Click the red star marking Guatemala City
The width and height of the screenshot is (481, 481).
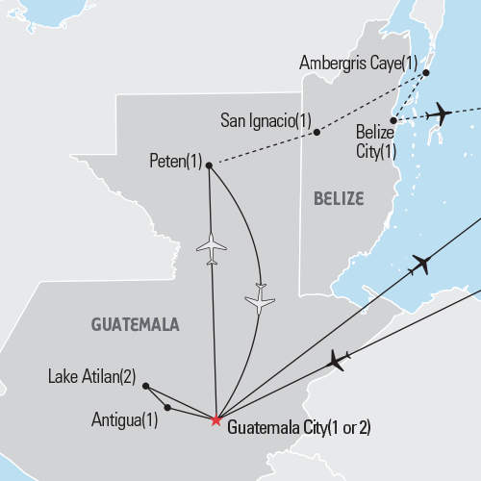pyautogui.click(x=215, y=420)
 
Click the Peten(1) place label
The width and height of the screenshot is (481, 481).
pyautogui.click(x=176, y=162)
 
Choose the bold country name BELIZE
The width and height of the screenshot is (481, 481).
pyautogui.click(x=338, y=199)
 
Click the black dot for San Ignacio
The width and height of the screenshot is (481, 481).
pyautogui.click(x=316, y=133)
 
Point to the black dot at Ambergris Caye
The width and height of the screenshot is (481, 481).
pyautogui.click(x=427, y=72)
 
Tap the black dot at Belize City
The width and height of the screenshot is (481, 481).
pyautogui.click(x=392, y=119)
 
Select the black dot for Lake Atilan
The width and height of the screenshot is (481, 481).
pyautogui.click(x=145, y=386)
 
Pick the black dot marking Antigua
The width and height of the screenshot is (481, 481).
pyautogui.click(x=167, y=408)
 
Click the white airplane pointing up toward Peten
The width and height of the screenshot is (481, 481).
pyautogui.click(x=211, y=248)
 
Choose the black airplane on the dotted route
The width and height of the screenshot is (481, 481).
pyautogui.click(x=437, y=114)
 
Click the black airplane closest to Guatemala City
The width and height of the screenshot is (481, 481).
pyautogui.click(x=338, y=360)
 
